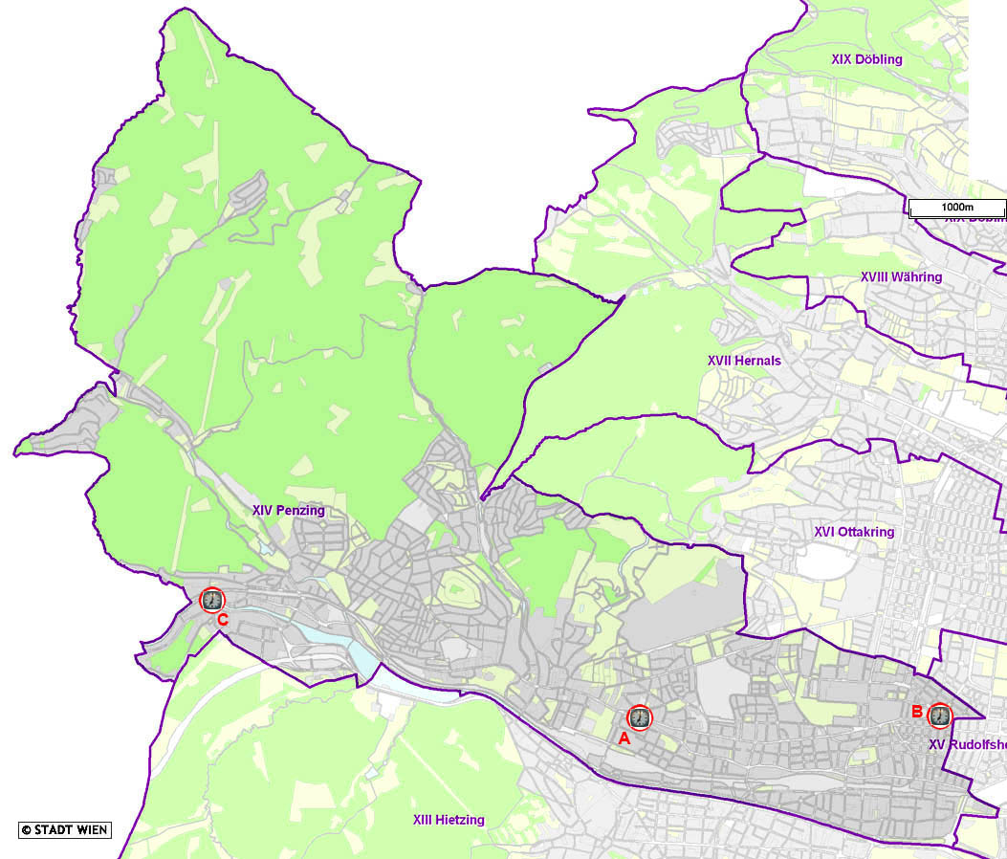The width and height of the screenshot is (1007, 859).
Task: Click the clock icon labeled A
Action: tap(639, 716)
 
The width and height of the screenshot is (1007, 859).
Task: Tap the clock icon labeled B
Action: tap(940, 715)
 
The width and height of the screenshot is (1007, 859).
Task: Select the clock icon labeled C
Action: tap(211, 600)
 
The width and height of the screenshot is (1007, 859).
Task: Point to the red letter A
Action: tap(624, 738)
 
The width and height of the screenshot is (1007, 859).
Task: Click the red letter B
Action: tap(916, 712)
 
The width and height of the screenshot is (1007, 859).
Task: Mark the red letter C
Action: tap(222, 620)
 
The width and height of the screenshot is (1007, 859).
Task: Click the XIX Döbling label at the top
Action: tap(866, 59)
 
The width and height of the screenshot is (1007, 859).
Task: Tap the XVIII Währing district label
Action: tap(901, 277)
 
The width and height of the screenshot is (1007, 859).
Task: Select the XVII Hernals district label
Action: tap(744, 361)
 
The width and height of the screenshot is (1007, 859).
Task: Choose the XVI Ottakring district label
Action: tap(854, 532)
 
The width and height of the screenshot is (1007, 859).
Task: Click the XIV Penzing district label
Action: tap(289, 511)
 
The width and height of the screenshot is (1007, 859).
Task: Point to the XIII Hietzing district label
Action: tap(449, 820)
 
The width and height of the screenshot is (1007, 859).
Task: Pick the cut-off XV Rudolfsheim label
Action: tap(967, 744)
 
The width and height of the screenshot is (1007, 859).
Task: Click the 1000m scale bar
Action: tap(956, 208)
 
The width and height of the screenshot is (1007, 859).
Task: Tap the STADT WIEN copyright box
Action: tap(65, 829)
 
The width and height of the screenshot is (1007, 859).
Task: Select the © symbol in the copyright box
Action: tap(27, 829)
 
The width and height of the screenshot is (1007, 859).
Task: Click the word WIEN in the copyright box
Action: tap(92, 829)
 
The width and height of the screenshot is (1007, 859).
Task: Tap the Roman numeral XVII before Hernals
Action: tap(720, 361)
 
